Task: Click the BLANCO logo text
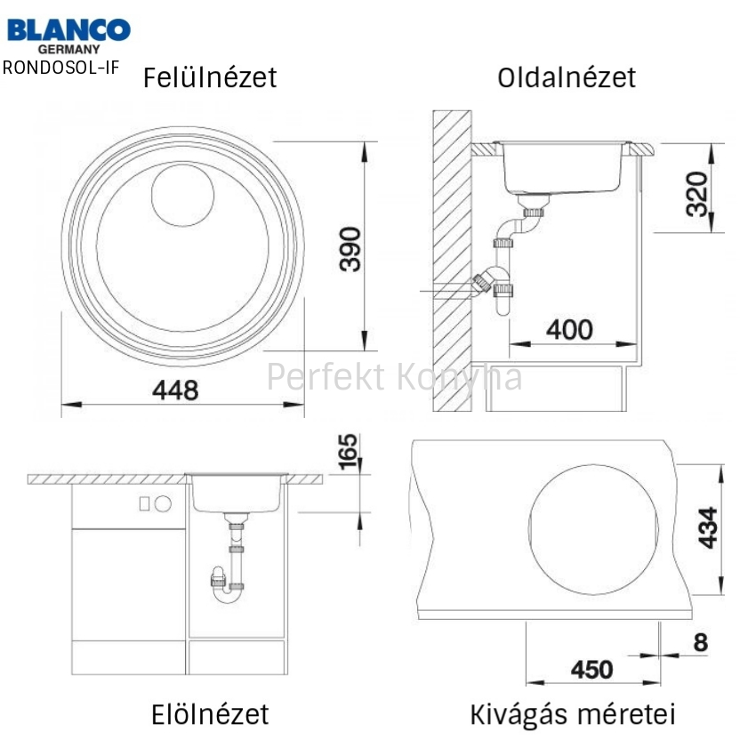pyautogui.click(x=68, y=30)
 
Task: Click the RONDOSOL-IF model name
pyautogui.click(x=60, y=68)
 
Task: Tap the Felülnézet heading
pyautogui.click(x=210, y=77)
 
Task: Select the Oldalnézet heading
pyautogui.click(x=567, y=77)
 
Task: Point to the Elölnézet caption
pyautogui.click(x=210, y=714)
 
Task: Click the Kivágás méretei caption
pyautogui.click(x=572, y=714)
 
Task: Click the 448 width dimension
pyautogui.click(x=175, y=390)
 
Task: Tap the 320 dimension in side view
pyautogui.click(x=697, y=194)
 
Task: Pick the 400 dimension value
pyautogui.click(x=569, y=330)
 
